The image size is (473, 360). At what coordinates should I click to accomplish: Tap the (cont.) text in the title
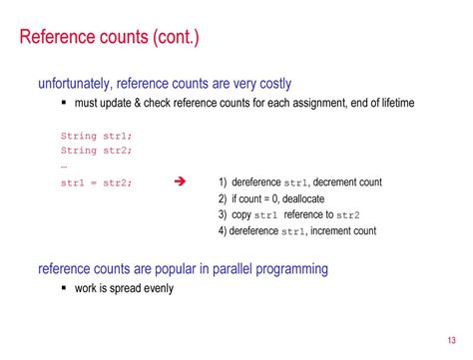(176, 37)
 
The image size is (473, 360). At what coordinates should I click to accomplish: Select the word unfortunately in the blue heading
(74, 83)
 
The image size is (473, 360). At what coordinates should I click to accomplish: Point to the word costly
(275, 84)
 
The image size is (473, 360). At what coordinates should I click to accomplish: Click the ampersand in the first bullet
(138, 103)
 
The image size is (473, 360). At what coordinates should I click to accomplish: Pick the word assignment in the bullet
(317, 103)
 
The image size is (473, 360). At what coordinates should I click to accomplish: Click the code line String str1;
(97, 136)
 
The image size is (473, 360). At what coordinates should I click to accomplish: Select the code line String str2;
(97, 151)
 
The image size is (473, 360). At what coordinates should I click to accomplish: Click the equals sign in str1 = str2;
(94, 183)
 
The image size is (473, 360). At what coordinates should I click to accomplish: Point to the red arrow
(180, 181)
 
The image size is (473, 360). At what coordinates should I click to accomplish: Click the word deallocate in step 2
(303, 198)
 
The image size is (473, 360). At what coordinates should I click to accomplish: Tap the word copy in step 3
(241, 215)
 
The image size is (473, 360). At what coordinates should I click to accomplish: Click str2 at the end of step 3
(348, 215)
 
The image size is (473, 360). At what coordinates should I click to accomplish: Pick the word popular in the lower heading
(176, 269)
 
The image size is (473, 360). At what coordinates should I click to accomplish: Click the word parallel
(233, 268)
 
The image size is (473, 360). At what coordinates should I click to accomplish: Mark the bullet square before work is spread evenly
(64, 288)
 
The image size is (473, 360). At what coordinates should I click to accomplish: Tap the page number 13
(451, 340)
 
